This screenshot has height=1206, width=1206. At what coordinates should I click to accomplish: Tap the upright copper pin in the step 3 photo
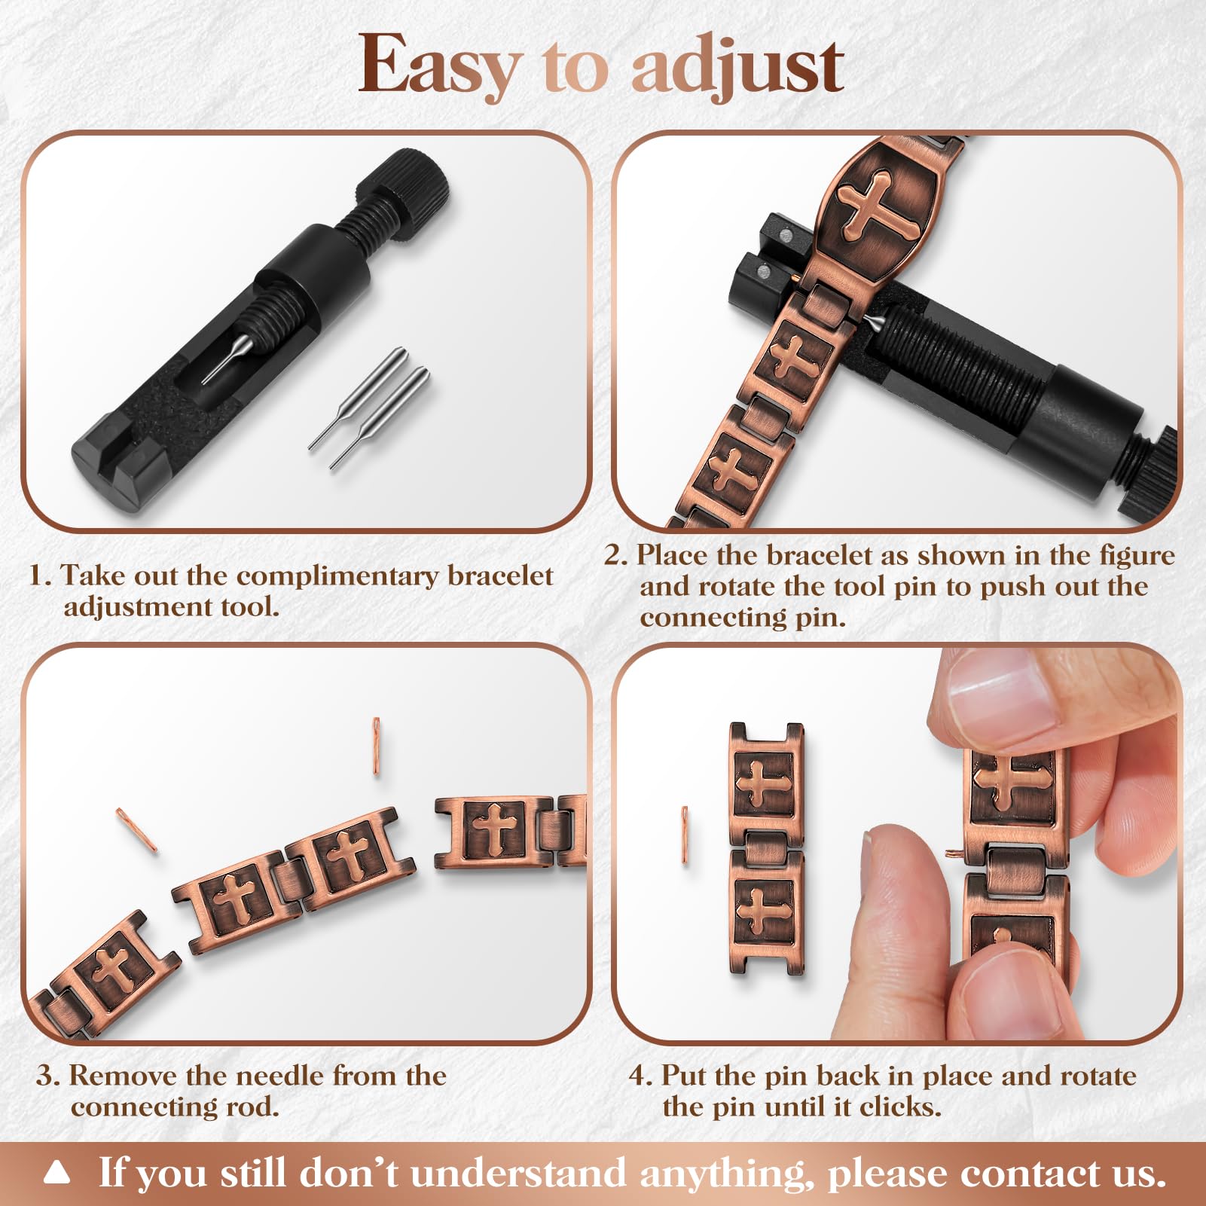[x=377, y=746]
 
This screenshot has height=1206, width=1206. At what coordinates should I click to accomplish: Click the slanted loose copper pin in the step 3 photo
[x=136, y=829]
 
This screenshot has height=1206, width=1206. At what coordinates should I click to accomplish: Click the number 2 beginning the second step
[x=615, y=555]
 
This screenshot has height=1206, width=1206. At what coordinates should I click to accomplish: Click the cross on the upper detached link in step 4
[x=762, y=783]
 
